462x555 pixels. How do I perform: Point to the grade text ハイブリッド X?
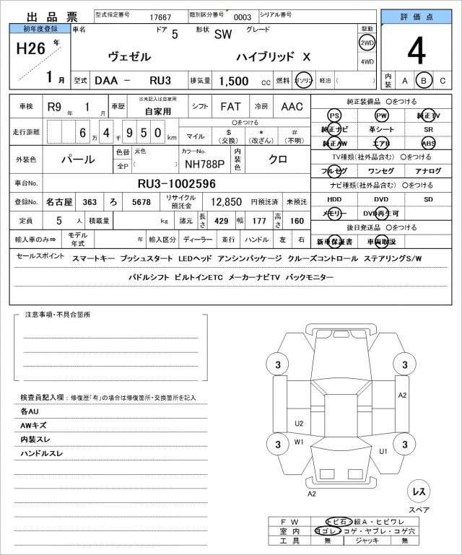[x=274, y=56]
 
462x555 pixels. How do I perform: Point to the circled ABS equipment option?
[x=429, y=143]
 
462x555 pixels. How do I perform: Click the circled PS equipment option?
[x=334, y=115]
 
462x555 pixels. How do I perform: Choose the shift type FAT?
[x=230, y=106]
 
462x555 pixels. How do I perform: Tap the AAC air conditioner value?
[x=292, y=106]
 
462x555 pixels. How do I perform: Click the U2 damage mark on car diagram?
[x=299, y=423]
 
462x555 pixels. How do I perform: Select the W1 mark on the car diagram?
[x=299, y=441]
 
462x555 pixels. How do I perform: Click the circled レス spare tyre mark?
[x=418, y=491]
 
